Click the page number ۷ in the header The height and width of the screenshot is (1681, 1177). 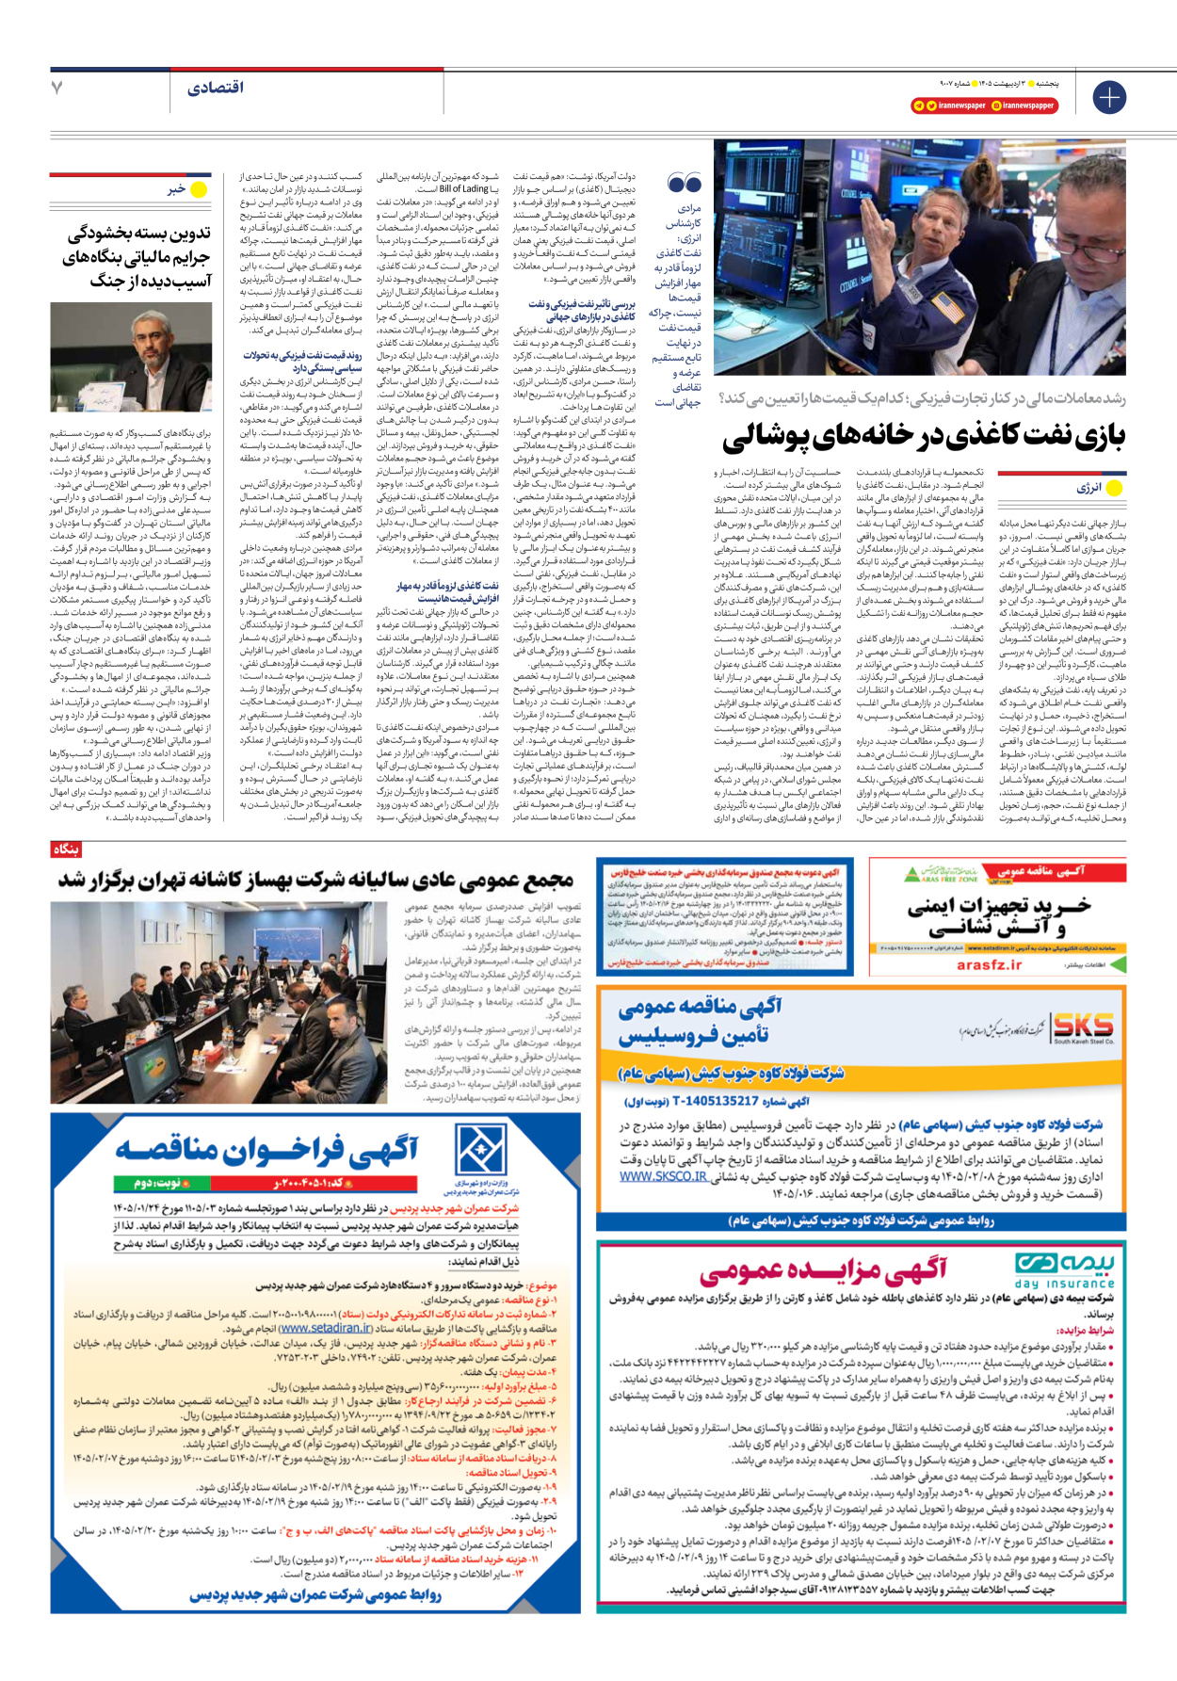pos(57,88)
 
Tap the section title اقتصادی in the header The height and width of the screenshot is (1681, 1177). pos(215,88)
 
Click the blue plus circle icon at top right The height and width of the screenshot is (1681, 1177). pos(1109,97)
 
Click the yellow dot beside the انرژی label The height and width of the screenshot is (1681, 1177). pos(1115,488)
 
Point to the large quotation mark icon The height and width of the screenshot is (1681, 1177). pos(685,183)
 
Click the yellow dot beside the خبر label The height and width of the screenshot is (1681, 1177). pos(199,190)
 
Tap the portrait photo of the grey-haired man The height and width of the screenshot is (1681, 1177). pos(131,357)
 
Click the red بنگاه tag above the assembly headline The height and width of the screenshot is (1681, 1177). pos(65,849)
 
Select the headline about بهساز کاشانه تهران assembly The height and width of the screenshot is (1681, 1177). pos(315,881)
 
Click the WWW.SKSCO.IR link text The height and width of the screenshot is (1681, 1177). pos(663,1176)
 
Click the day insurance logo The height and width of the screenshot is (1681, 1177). pos(1064,1269)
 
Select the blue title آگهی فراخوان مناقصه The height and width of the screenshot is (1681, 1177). pos(266,1150)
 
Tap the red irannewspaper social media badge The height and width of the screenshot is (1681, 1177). pos(984,106)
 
